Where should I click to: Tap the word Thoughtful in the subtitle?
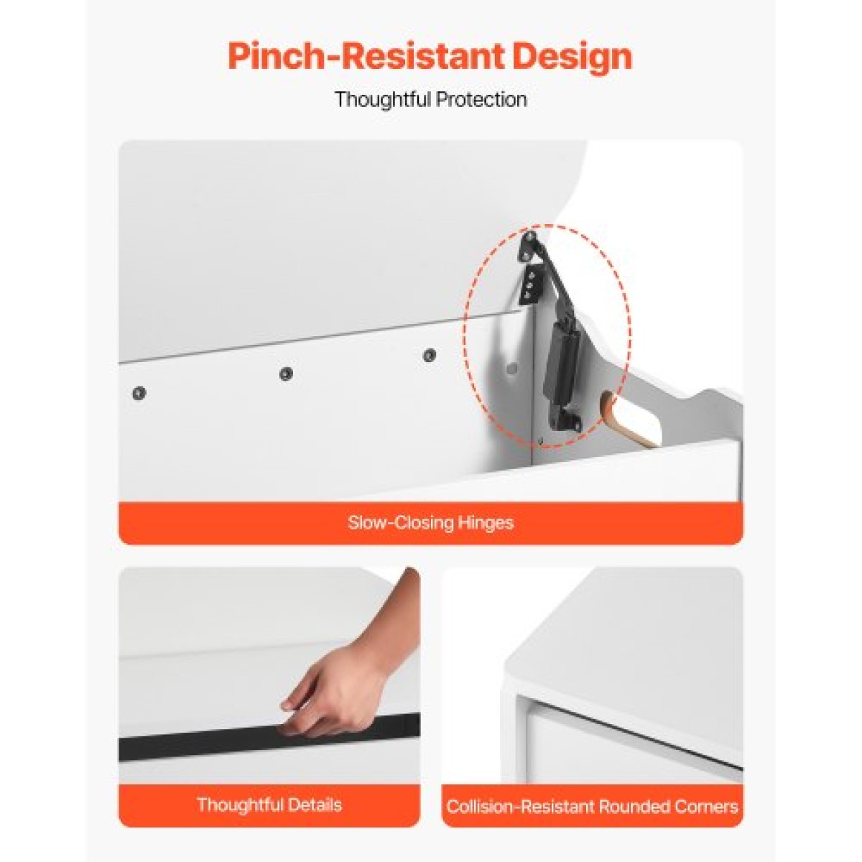(381, 99)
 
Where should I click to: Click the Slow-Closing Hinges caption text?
(430, 522)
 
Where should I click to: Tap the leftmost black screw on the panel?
(139, 393)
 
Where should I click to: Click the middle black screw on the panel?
(286, 374)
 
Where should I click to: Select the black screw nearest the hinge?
(430, 355)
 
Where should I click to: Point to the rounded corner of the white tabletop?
(510, 688)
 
